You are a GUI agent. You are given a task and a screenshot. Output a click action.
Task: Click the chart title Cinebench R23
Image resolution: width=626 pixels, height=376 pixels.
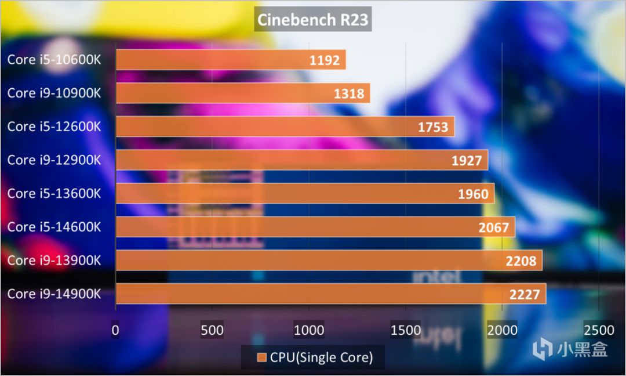(312, 20)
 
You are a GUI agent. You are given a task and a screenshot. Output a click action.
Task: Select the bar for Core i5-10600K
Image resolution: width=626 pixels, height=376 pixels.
(231, 59)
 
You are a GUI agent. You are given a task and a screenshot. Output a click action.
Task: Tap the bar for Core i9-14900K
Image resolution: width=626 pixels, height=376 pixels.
(331, 294)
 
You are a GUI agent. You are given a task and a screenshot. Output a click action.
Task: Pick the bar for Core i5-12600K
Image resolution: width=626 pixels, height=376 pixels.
(285, 126)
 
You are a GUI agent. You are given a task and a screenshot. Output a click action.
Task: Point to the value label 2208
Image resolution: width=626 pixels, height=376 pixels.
(521, 261)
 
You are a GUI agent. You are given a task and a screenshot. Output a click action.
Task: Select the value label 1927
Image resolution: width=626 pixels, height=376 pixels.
(467, 160)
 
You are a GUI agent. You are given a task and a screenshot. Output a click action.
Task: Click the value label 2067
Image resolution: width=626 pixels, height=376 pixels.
(494, 227)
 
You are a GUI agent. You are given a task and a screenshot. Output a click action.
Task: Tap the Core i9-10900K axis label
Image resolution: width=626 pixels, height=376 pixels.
(54, 93)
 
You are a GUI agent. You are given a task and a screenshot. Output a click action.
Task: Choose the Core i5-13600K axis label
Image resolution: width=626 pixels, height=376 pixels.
(54, 193)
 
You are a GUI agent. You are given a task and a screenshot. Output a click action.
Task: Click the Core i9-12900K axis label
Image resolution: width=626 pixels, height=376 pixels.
(54, 160)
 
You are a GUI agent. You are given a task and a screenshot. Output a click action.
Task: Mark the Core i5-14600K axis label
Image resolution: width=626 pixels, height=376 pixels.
(54, 227)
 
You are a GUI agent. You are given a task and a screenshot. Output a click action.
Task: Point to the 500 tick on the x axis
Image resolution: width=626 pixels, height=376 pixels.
(212, 330)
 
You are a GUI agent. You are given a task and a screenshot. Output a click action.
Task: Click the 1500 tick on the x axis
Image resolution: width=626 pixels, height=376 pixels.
(406, 330)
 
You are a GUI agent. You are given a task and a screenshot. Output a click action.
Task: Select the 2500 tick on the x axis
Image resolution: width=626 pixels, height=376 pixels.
(599, 330)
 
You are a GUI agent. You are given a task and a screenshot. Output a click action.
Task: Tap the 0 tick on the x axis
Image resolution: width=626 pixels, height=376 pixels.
(116, 330)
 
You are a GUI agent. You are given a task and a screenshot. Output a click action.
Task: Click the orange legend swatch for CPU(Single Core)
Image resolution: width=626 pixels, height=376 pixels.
(262, 357)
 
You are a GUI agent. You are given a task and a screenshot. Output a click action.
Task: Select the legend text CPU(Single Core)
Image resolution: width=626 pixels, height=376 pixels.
(321, 357)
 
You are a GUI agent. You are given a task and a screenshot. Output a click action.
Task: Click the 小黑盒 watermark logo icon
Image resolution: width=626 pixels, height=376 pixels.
(544, 349)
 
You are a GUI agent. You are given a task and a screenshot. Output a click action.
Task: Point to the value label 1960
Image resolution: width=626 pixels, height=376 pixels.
(473, 194)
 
